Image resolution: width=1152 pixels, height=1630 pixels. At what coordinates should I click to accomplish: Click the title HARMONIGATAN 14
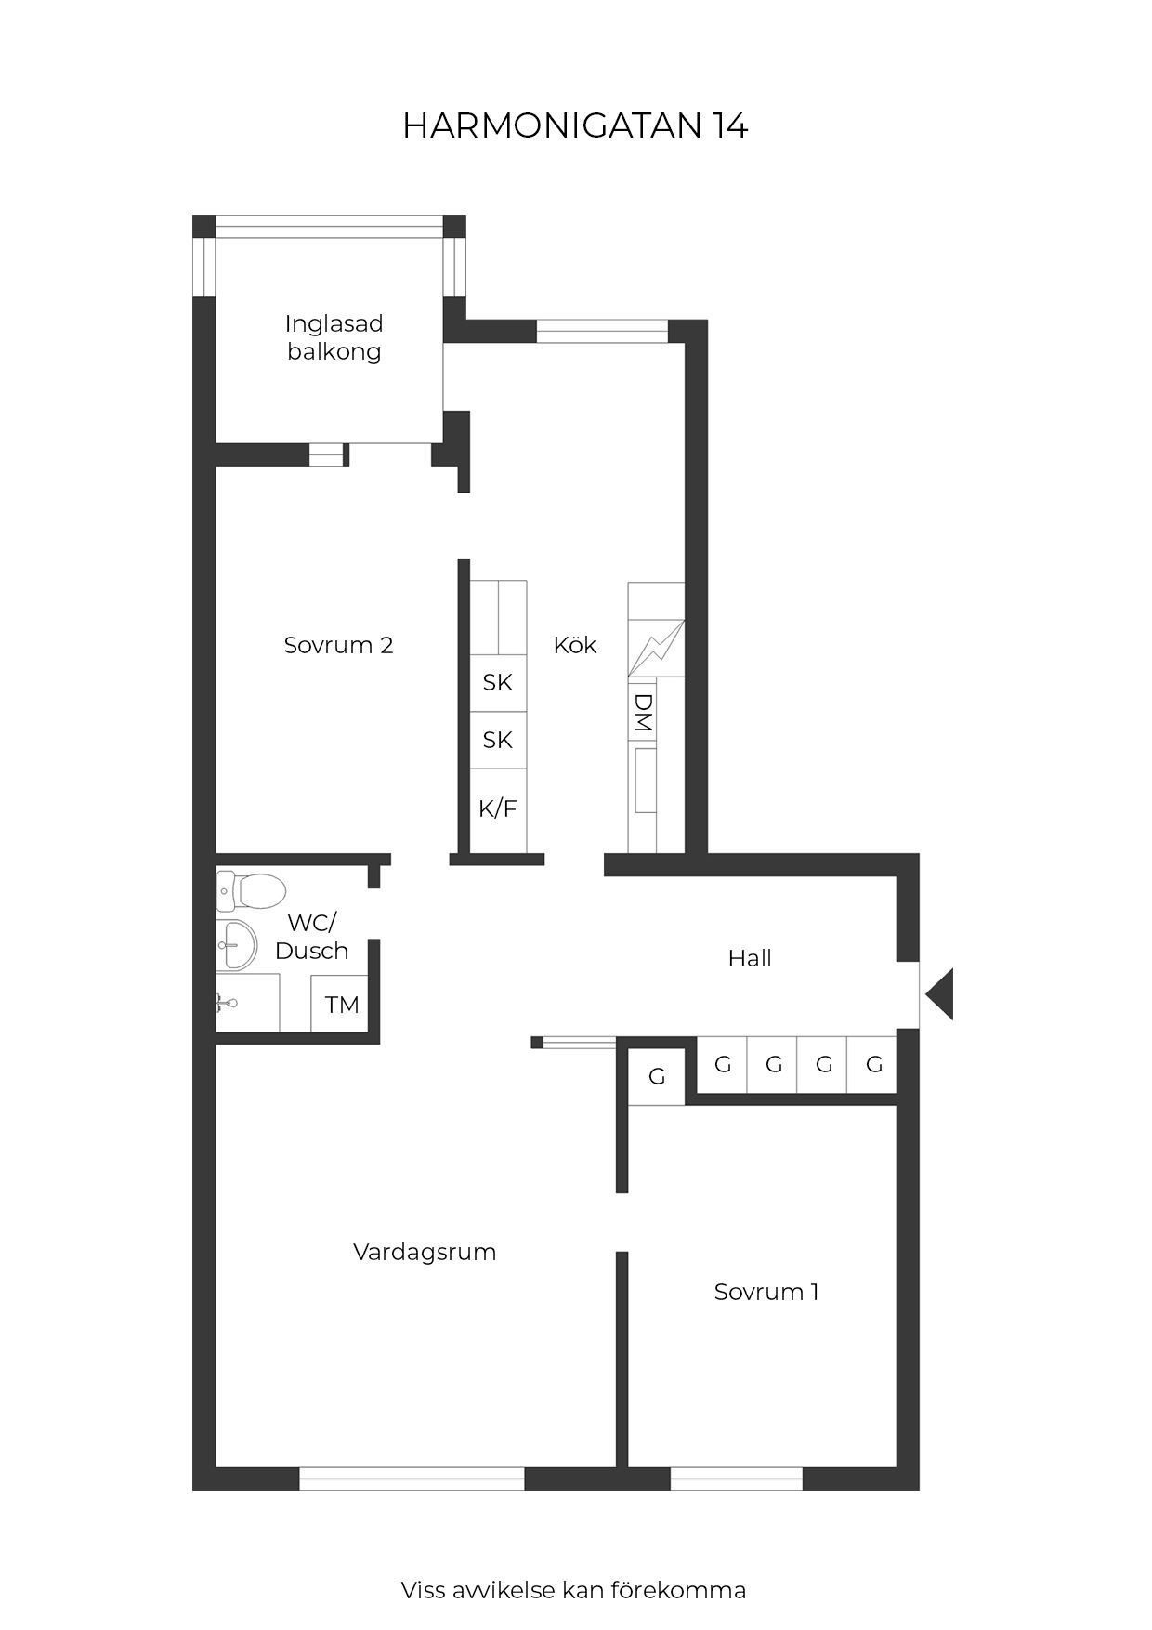pos(575,126)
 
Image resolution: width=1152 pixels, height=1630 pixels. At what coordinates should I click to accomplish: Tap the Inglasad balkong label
pos(334,337)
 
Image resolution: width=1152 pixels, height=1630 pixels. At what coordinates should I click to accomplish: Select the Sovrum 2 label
pos(338,645)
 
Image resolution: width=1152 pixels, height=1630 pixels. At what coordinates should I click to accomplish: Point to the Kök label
pos(575,645)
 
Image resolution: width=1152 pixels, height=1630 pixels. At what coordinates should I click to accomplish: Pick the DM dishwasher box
pos(643,713)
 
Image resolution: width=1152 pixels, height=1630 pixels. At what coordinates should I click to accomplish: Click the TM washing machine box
pos(342,1005)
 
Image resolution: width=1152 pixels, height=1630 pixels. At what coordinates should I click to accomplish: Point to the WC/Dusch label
pos(311,937)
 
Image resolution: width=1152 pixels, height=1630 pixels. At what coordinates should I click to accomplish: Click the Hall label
pos(750,958)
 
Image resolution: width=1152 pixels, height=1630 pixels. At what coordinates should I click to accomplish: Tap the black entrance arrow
pos(939,994)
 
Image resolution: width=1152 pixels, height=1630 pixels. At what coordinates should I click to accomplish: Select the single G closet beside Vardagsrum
pos(657,1076)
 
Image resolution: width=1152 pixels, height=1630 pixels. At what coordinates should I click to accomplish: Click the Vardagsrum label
pos(425,1252)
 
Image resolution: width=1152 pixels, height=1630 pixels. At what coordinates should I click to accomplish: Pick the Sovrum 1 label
pos(766,1292)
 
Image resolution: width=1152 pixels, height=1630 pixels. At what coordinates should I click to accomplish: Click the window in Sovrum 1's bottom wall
pos(737,1479)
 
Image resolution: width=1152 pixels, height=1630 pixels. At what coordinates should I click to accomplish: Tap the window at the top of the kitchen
pos(602,331)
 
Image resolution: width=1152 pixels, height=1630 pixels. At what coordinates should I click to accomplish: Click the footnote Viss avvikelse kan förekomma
pos(573,1590)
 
